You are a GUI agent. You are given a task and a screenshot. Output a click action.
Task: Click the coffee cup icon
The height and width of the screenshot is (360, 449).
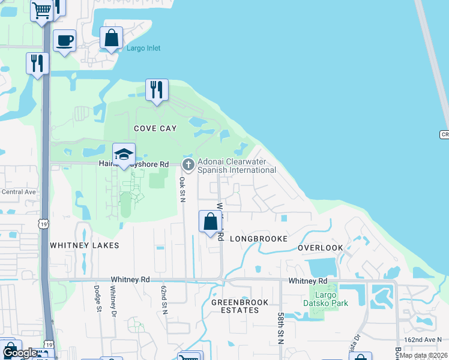click(64, 41)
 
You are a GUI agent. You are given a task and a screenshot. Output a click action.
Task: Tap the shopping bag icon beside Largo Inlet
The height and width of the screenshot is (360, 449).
click(112, 38)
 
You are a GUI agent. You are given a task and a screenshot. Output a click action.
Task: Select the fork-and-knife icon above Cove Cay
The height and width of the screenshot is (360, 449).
click(157, 90)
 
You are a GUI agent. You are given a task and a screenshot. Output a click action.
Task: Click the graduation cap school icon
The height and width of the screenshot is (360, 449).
click(124, 154)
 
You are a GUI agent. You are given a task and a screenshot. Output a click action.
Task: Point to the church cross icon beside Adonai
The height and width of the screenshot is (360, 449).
click(188, 164)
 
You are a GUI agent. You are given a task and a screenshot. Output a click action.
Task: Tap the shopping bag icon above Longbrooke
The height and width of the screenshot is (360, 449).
click(210, 221)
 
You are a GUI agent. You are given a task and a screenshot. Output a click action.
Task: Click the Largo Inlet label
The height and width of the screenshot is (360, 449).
click(143, 48)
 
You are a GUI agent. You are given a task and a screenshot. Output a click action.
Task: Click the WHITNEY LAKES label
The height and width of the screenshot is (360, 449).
click(85, 245)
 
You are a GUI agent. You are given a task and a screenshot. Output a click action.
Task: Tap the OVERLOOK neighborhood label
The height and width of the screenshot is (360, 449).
click(320, 248)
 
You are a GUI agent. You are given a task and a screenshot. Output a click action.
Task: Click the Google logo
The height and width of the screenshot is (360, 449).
click(20, 353)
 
